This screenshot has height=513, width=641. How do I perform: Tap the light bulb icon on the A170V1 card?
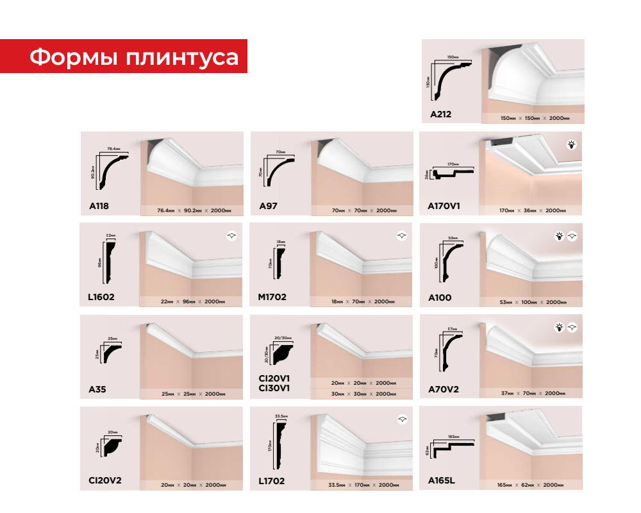(x=572, y=145)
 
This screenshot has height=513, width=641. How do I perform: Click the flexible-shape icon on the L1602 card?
(x=231, y=237)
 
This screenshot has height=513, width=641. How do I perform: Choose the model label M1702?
(x=272, y=298)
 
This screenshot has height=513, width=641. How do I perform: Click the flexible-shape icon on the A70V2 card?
(x=572, y=328)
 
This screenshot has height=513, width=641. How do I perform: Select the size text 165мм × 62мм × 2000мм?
(x=531, y=485)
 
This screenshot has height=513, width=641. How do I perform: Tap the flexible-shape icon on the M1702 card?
(x=401, y=237)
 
